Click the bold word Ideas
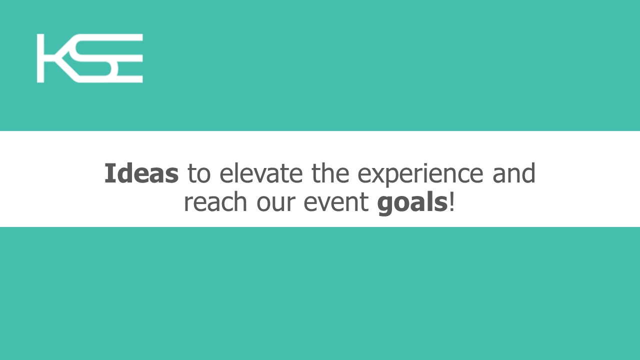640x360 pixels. pos(141,173)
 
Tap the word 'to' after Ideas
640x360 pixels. pos(199,173)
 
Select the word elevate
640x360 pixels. pos(261,173)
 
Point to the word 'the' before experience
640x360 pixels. pos(330,173)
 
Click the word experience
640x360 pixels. pos(420,175)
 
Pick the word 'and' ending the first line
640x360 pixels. pos(513,173)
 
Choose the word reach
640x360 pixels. pos(215,201)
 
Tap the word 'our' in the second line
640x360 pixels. pos(275,204)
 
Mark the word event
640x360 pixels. pos(336,202)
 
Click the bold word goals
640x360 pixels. pos(412,203)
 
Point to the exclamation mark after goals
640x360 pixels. pos(451,202)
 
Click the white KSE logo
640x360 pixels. pos(89,58)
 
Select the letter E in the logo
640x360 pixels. pos(128,58)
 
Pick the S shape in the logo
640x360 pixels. pos(94,58)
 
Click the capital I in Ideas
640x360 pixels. pos(110,173)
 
